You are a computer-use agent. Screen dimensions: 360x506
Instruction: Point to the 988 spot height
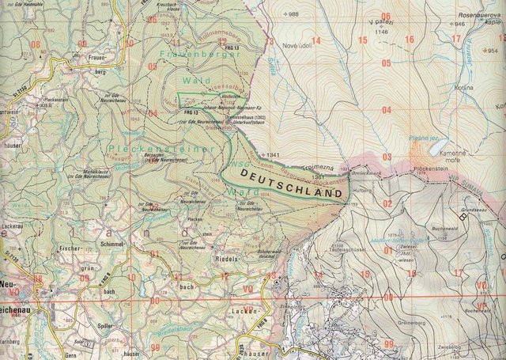pos(294,14)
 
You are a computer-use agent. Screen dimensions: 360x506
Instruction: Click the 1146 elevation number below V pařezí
pos(383,32)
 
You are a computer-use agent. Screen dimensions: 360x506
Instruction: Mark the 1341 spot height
pos(273,154)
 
